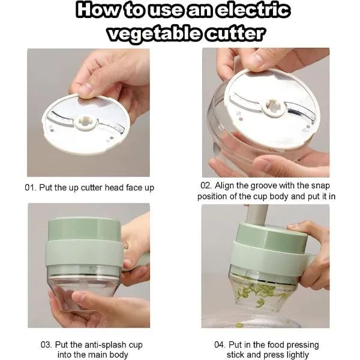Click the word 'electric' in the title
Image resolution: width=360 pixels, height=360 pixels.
(253, 10)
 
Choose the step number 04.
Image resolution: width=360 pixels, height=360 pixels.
(220, 344)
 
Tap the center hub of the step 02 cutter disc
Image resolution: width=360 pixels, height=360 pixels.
(274, 107)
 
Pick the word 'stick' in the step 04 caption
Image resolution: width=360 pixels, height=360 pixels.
(237, 355)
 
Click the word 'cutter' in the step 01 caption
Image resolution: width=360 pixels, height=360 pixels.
(92, 188)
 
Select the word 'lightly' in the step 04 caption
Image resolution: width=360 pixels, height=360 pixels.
(298, 355)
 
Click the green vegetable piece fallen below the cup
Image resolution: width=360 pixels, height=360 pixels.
(239, 325)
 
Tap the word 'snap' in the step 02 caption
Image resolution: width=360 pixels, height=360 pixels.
(320, 186)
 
